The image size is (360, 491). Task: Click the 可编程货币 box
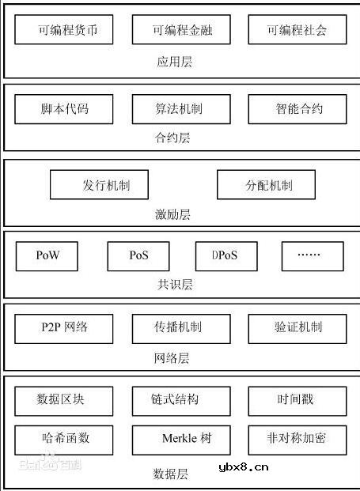tap(64, 31)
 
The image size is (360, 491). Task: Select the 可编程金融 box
tap(182, 31)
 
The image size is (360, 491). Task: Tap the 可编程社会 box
tap(297, 31)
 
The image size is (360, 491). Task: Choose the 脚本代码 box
tap(64, 108)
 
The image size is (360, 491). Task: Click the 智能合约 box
tap(297, 108)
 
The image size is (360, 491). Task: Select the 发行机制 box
tap(100, 185)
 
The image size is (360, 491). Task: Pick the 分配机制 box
tap(266, 185)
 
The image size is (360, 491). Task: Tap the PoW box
tap(47, 256)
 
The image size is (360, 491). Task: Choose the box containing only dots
tap(313, 256)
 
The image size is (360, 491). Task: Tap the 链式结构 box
tap(181, 400)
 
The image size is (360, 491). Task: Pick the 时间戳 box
tap(297, 400)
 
